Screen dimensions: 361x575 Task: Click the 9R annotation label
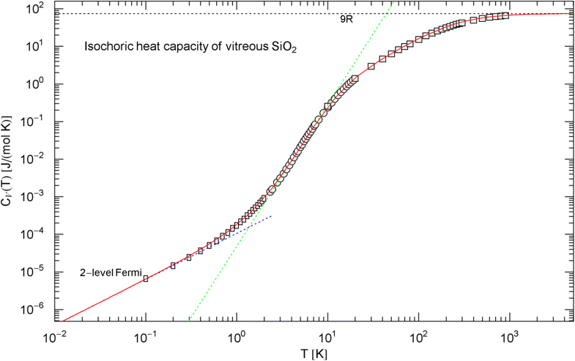click(346, 21)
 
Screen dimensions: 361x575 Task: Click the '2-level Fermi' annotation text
click(110, 273)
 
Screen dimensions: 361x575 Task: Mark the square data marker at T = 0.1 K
click(146, 279)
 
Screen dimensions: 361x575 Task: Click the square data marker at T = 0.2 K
click(173, 266)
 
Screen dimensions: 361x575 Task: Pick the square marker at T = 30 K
click(371, 66)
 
